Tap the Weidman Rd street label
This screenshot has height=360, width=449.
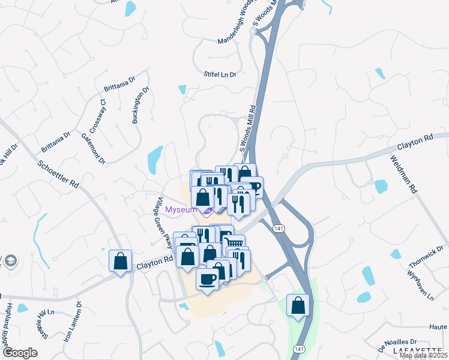(403, 173)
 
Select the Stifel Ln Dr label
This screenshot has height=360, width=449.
(220, 74)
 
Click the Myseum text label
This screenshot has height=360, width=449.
(181, 209)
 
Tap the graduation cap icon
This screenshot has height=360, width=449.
(11, 261)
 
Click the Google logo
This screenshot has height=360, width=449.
(20, 353)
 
